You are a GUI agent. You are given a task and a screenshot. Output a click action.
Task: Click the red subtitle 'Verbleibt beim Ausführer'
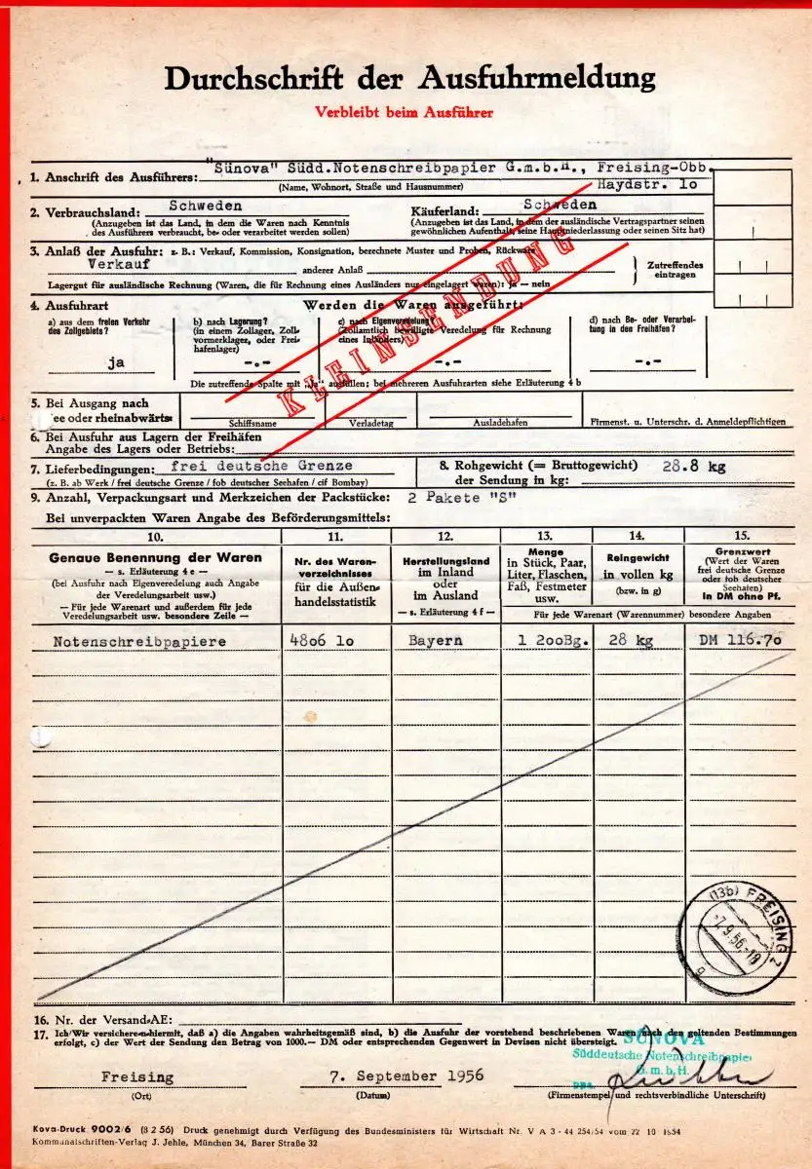tap(404, 112)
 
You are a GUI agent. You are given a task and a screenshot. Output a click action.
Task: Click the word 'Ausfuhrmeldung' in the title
tap(538, 78)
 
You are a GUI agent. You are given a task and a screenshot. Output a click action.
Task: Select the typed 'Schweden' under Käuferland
tap(560, 206)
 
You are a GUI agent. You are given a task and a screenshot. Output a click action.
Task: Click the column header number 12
tap(445, 537)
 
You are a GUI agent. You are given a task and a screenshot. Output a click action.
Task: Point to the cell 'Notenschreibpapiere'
tap(139, 642)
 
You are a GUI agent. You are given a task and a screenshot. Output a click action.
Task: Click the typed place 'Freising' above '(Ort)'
tap(137, 1076)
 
